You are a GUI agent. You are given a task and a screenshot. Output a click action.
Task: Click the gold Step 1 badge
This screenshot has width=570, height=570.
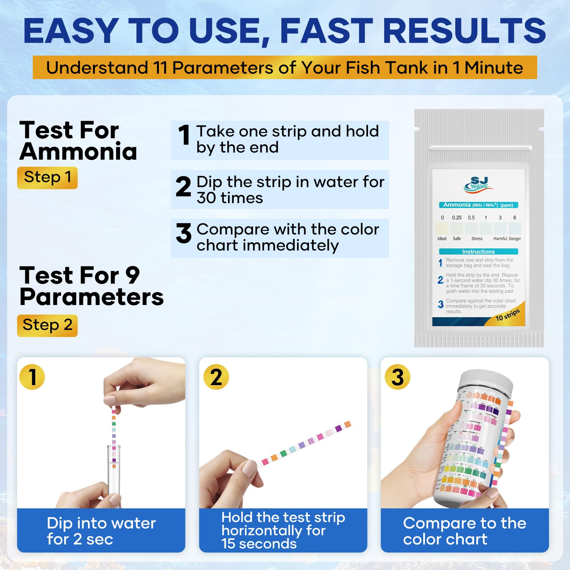tap(47, 177)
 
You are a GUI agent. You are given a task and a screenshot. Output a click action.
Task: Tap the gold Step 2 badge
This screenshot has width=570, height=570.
tap(47, 325)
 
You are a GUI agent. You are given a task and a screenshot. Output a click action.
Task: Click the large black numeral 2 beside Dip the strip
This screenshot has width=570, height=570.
tap(183, 187)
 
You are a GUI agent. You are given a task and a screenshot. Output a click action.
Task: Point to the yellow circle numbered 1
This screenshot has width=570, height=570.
tap(32, 377)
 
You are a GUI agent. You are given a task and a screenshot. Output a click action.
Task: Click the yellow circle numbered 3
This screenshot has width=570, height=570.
tap(398, 377)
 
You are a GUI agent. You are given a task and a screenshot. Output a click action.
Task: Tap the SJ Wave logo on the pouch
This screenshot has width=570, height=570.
tap(478, 184)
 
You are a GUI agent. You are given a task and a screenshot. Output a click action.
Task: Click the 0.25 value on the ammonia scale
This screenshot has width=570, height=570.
tap(457, 218)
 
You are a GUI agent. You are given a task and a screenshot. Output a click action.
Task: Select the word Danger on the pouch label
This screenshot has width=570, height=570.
tap(515, 239)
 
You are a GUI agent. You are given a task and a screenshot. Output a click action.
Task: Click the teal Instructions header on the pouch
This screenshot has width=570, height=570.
tap(478, 252)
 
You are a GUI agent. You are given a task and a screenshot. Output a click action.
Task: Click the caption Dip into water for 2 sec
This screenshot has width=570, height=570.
tap(101, 531)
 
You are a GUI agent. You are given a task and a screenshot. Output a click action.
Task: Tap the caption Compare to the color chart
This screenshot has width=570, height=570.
tap(465, 531)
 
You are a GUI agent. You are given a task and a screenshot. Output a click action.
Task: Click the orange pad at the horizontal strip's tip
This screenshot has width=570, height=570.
tap(347, 424)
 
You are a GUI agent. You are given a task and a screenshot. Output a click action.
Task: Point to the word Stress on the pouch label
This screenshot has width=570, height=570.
tap(477, 239)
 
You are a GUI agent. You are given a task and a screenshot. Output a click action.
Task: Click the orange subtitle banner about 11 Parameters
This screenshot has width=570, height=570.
tap(285, 67)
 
